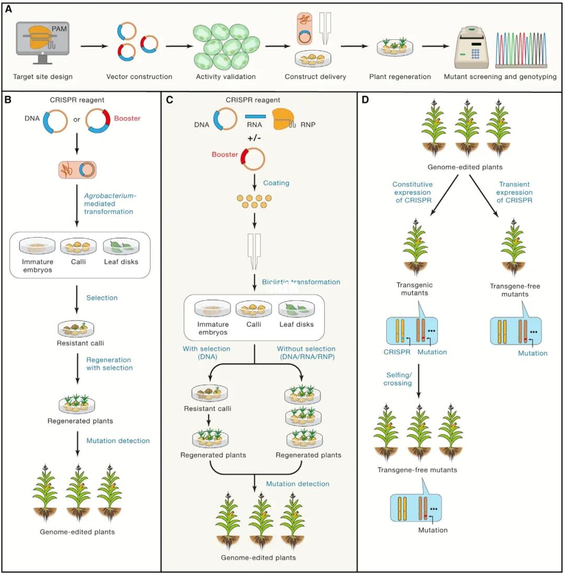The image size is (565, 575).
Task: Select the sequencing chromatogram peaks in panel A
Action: (x=522, y=49)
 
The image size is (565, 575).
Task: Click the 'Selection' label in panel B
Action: (x=101, y=297)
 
